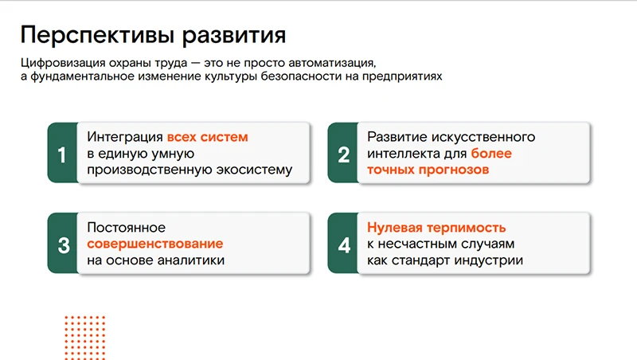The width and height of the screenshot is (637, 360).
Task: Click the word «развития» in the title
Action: point(233,36)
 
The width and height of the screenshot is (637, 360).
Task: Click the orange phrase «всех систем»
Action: point(208,137)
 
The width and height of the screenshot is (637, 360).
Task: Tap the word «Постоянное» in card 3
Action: point(126,227)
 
